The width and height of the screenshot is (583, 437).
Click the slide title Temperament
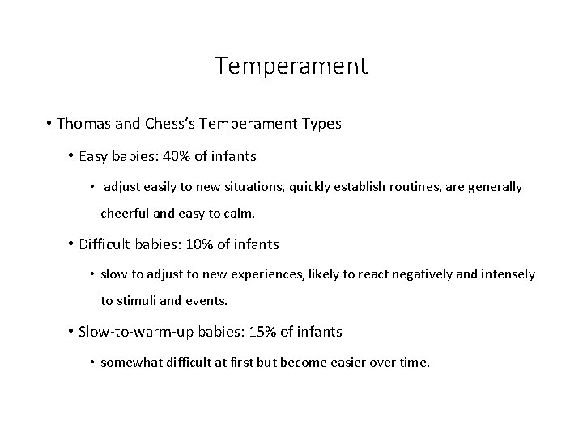(x=291, y=66)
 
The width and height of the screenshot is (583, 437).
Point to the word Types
(x=318, y=125)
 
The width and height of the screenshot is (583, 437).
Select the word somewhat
(x=129, y=363)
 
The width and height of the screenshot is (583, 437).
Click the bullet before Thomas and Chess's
(x=50, y=125)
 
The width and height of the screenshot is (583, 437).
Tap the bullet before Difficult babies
(x=71, y=244)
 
